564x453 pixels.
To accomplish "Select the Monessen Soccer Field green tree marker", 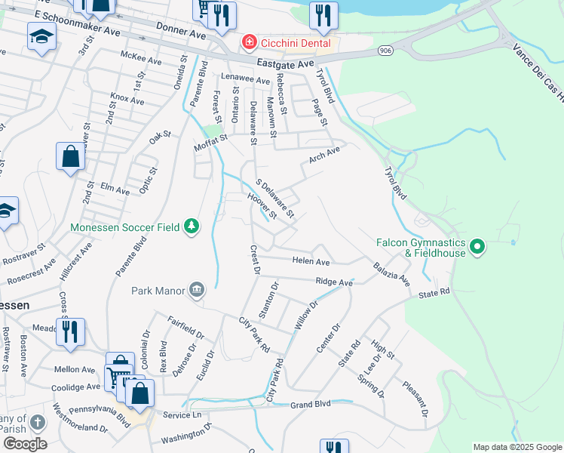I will (x=192, y=226).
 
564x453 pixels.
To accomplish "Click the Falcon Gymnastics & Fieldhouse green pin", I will (x=477, y=247).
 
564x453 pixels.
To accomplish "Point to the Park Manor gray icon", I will (x=197, y=290).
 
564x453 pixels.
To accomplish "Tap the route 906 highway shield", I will (x=385, y=51).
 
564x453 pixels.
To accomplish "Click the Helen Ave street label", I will (x=311, y=262).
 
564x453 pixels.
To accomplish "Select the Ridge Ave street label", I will (x=334, y=282).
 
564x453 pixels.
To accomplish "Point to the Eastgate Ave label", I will (x=284, y=64).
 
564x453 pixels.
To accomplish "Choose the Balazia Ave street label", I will (x=391, y=274).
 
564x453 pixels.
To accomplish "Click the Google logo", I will (x=24, y=443).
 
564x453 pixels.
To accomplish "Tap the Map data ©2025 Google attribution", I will (x=516, y=447).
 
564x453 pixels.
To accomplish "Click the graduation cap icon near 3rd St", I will (x=42, y=36).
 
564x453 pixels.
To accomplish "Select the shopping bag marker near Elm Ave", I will (x=71, y=157).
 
